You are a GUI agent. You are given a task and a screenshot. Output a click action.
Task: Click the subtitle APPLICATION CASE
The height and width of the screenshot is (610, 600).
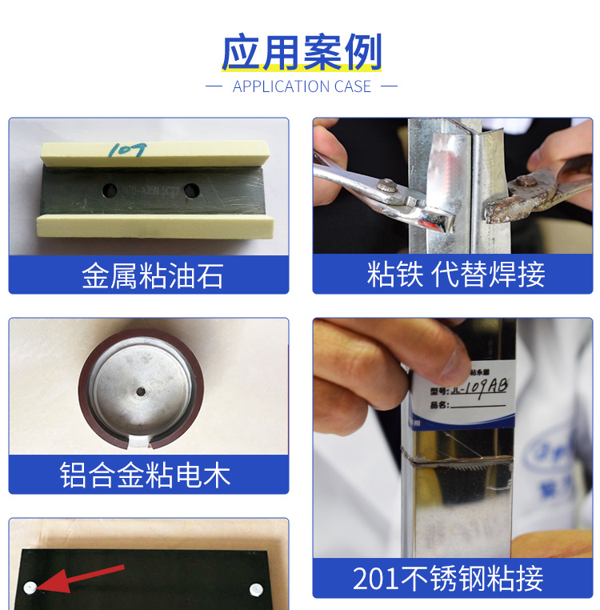click(302, 86)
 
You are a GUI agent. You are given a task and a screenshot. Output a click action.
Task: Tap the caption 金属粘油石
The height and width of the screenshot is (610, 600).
click(151, 276)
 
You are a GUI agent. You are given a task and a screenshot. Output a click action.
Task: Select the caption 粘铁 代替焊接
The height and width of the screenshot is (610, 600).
click(455, 274)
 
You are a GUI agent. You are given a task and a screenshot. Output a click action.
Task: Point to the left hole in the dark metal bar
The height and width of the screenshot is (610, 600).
click(107, 190)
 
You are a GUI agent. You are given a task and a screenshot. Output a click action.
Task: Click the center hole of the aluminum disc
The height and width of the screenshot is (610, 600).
click(141, 391)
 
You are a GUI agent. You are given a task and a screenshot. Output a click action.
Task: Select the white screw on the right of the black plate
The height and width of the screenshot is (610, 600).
click(256, 590)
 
